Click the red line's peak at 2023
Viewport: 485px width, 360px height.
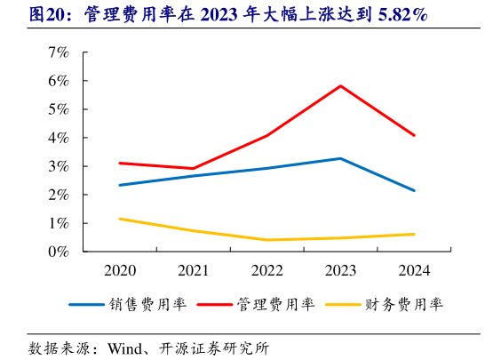pos(340,86)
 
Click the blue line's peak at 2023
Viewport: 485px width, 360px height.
pos(340,158)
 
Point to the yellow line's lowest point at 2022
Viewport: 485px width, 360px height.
pos(266,240)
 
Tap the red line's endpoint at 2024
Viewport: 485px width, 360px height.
pos(414,135)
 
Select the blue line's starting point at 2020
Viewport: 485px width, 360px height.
pos(119,185)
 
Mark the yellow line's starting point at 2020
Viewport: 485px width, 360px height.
pos(119,219)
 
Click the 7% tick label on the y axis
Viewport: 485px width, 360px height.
pos(59,52)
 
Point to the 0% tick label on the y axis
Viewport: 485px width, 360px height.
pos(59,252)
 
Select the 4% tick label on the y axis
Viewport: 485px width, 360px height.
pos(59,138)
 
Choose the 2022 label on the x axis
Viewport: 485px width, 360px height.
pos(266,269)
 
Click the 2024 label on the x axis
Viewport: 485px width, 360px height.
pos(414,269)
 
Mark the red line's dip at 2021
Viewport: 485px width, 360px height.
pos(193,168)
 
